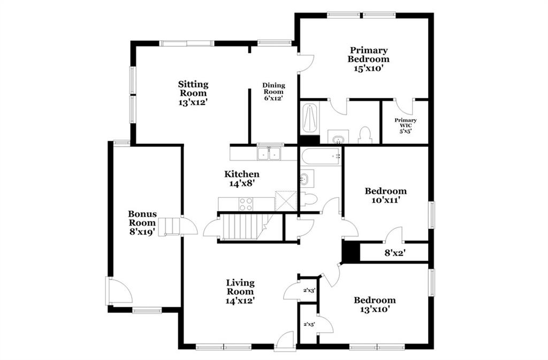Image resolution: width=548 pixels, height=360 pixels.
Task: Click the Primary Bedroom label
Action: (x=368, y=59)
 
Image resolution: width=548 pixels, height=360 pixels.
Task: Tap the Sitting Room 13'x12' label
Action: (x=193, y=93)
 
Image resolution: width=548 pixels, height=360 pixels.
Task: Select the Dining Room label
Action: (x=273, y=91)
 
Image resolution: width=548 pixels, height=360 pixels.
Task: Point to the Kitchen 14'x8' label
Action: (x=242, y=179)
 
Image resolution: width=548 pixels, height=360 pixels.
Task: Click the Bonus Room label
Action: (x=142, y=223)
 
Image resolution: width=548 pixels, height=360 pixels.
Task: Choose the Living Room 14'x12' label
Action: (x=240, y=292)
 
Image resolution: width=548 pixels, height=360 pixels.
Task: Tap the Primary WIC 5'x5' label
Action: (x=406, y=126)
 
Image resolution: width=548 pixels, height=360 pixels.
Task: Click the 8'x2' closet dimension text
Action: (x=395, y=252)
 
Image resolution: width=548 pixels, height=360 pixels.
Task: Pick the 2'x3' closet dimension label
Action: (x=309, y=290)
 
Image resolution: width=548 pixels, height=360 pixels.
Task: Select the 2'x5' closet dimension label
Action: (x=309, y=324)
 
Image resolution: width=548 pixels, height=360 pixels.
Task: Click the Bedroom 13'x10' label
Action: (x=375, y=304)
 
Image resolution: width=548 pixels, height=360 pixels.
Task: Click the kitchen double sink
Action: (x=269, y=154)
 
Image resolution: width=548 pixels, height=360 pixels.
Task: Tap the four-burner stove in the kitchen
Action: (x=246, y=204)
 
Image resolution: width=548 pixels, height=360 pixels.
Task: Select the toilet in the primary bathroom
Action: (x=364, y=135)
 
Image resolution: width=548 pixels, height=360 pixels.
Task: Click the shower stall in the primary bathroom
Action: (x=310, y=118)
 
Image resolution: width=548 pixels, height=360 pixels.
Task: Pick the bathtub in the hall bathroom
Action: (x=321, y=156)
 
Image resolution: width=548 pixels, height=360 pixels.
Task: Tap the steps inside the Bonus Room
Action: (x=169, y=227)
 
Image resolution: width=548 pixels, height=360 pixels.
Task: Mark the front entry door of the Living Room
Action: (x=285, y=340)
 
